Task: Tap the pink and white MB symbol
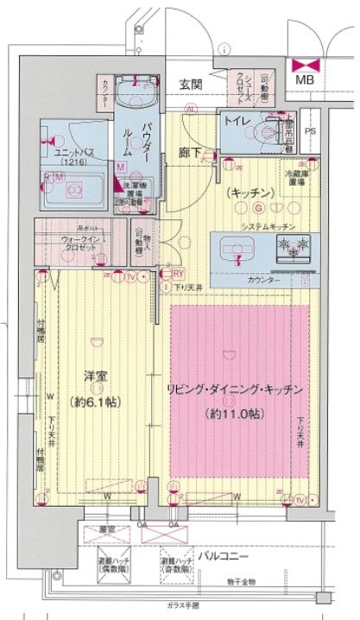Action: click(306, 65)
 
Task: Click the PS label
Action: click(311, 131)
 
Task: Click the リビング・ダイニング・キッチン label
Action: click(236, 390)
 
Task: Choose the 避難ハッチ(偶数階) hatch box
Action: click(112, 566)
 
